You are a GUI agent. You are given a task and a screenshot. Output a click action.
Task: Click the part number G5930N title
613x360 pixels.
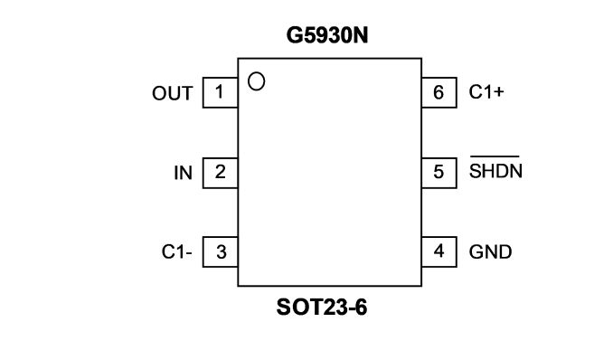[x=327, y=35]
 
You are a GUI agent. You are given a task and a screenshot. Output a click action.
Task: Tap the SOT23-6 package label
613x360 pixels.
[x=322, y=308]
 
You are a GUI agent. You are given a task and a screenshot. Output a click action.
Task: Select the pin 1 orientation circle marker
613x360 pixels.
[x=257, y=81]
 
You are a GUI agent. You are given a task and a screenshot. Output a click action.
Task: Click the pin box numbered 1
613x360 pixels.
[x=220, y=92]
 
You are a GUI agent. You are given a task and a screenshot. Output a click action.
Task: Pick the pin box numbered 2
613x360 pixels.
[x=220, y=173]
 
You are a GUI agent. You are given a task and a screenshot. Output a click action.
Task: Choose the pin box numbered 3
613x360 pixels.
[x=220, y=252]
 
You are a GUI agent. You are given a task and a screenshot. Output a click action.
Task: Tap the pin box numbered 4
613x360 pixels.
[x=439, y=252]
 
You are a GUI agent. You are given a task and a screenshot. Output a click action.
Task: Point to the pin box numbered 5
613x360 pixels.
[x=439, y=173]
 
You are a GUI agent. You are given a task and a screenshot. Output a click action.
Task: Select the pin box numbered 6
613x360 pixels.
[x=439, y=92]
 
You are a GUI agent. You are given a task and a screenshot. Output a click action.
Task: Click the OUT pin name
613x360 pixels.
[x=173, y=93]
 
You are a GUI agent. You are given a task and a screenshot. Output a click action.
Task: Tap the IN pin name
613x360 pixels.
[x=183, y=173]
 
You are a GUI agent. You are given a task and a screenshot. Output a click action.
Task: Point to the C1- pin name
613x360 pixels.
[x=176, y=252]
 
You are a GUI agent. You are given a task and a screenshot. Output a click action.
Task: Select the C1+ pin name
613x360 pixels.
[x=486, y=92]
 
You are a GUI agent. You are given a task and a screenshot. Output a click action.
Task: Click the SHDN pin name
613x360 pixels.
[x=495, y=171]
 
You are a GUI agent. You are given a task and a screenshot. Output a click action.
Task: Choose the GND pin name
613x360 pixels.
[x=490, y=252]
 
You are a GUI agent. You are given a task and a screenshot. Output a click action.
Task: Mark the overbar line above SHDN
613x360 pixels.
[x=495, y=156]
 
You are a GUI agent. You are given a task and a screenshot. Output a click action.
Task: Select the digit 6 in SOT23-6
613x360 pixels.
[x=362, y=308]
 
